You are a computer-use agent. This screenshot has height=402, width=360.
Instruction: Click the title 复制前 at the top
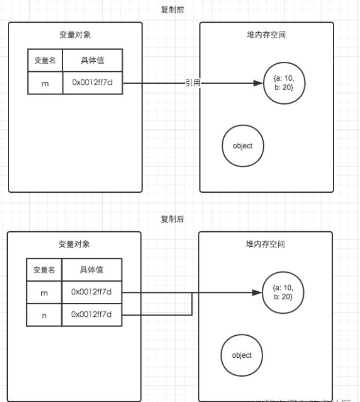click(x=172, y=10)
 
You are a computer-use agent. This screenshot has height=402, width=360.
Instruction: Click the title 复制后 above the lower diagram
click(x=172, y=219)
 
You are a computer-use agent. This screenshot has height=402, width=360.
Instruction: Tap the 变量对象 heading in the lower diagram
click(x=74, y=244)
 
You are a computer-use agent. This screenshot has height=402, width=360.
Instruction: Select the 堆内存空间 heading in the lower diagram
click(x=266, y=244)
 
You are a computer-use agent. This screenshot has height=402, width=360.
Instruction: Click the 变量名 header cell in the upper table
click(x=45, y=60)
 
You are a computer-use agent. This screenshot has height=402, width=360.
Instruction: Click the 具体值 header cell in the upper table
click(x=92, y=60)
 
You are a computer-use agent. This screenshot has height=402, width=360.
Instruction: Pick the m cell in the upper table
click(x=45, y=83)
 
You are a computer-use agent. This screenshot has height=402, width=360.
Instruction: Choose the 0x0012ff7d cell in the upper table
click(x=92, y=83)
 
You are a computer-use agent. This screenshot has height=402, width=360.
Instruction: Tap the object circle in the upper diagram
click(x=243, y=146)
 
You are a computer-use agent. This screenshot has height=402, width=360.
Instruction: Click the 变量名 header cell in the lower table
click(x=44, y=270)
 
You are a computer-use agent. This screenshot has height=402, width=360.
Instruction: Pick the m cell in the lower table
click(x=44, y=292)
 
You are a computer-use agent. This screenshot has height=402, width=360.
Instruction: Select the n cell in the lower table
click(x=44, y=315)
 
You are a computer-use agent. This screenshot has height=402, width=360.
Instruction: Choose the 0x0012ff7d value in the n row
click(x=91, y=315)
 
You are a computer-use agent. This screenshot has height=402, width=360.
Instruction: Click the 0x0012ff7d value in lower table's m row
click(x=91, y=292)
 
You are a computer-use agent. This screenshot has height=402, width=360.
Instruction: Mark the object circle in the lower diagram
click(x=242, y=355)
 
